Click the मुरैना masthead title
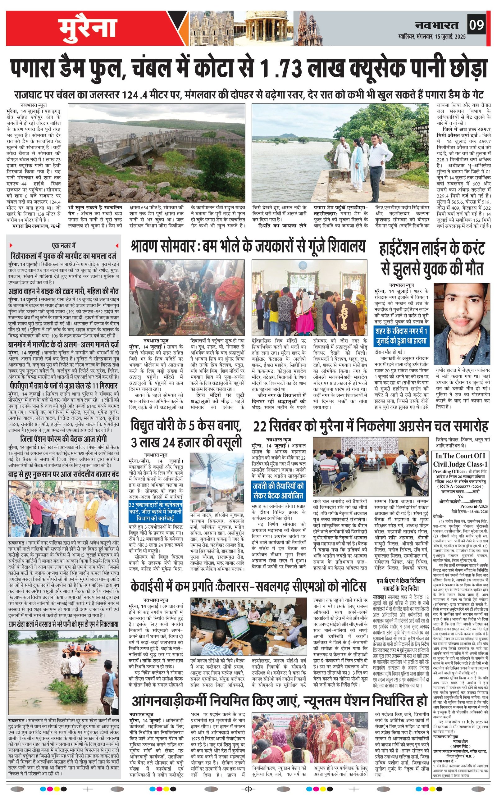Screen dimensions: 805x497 coord(88,29)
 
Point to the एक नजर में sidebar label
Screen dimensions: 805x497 coord(64,245)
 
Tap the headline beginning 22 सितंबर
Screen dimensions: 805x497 coord(371,427)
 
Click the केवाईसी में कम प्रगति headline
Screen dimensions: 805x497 coord(248,586)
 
